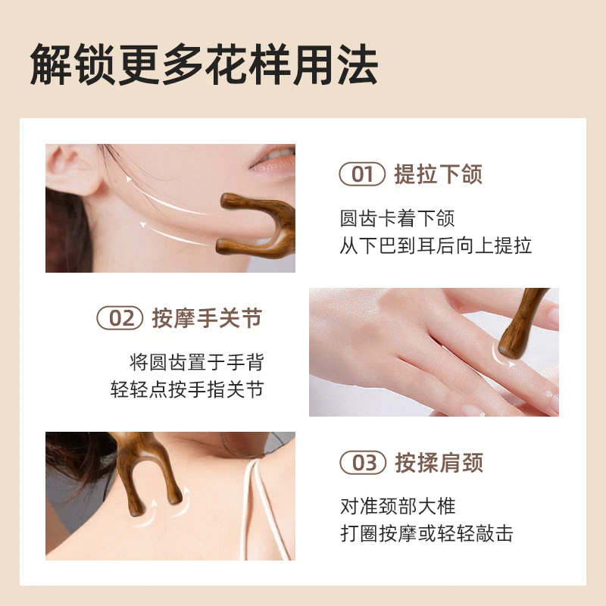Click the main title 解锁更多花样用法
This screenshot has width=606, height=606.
click(204, 64)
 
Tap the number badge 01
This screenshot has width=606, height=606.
click(362, 174)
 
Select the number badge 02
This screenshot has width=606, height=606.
click(120, 318)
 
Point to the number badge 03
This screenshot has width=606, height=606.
click(363, 462)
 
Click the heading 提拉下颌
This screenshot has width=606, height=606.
click(439, 174)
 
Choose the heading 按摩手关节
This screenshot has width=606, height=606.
click(207, 318)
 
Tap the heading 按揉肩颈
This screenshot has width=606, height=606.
click(439, 462)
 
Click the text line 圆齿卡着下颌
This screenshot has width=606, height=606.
click(397, 218)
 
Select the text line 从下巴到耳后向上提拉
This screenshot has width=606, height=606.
click(436, 245)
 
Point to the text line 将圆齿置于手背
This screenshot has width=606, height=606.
click(197, 362)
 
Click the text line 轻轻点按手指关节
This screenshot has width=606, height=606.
click(187, 389)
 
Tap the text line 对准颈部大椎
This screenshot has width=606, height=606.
click(398, 506)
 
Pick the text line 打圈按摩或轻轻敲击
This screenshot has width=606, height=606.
click(426, 533)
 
